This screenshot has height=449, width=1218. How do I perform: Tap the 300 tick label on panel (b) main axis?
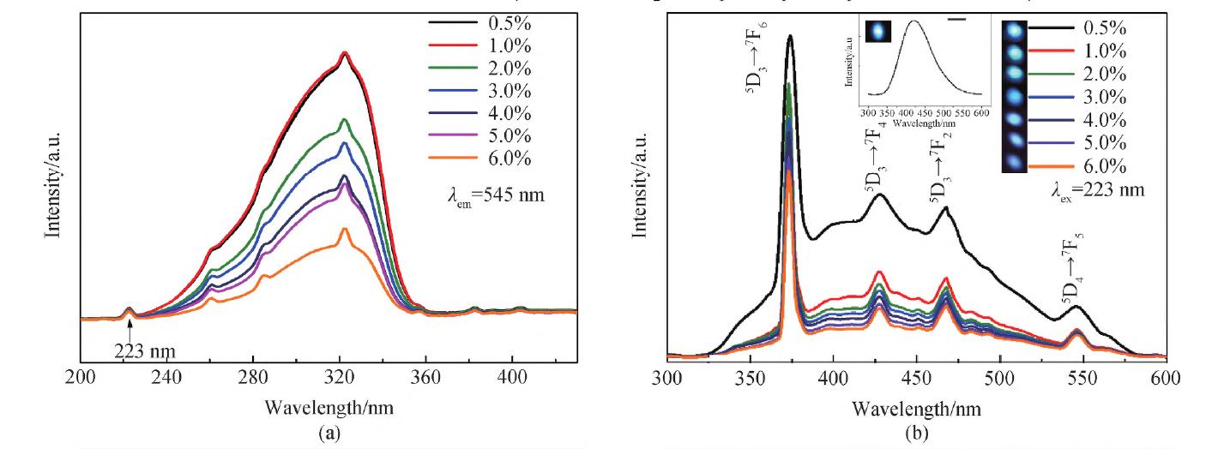click(666, 376)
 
